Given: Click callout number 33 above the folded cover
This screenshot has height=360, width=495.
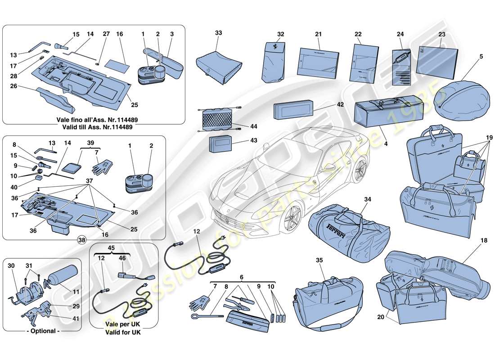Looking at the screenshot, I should pos(219,33).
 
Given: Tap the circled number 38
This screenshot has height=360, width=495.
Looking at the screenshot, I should pos(81,240).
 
